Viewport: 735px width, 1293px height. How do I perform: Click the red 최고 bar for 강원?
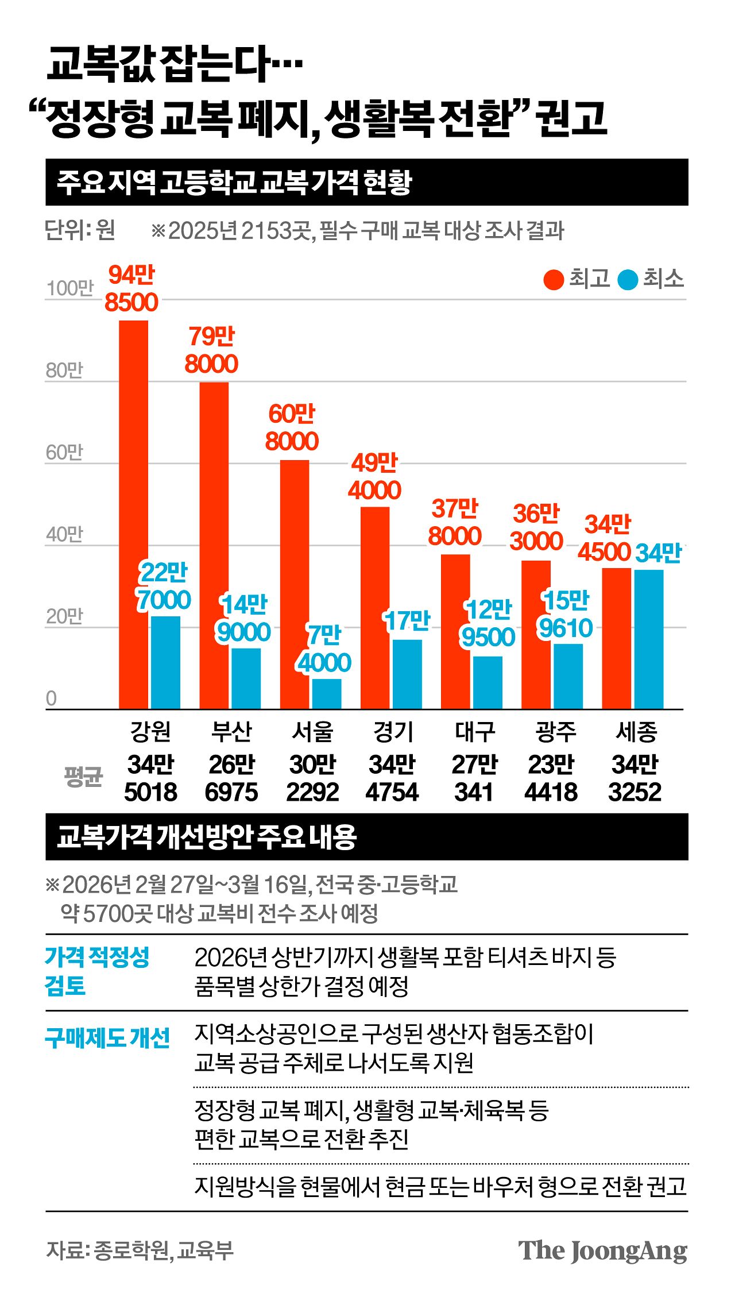[x=133, y=514]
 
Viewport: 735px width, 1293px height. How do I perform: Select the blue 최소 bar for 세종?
[x=648, y=639]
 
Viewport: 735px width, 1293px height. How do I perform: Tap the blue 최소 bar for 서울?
[x=327, y=694]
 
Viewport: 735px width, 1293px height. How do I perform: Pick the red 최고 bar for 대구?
[x=455, y=631]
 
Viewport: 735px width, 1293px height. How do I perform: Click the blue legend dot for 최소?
[x=628, y=280]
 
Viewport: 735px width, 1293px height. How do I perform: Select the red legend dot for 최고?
[x=554, y=280]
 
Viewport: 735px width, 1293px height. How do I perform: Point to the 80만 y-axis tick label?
[x=64, y=370]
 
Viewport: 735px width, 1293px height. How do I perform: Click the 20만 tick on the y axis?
[x=64, y=616]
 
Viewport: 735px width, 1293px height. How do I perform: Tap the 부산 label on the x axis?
[x=231, y=731]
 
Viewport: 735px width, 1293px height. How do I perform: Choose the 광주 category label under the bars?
[x=555, y=731]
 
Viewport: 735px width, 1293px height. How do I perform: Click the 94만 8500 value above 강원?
[x=131, y=289]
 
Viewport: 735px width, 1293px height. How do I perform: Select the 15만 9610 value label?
[x=566, y=615]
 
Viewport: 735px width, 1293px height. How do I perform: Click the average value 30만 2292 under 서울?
[x=312, y=778]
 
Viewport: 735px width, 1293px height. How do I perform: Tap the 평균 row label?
[x=83, y=777]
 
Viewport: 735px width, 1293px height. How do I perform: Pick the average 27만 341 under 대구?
[x=474, y=778]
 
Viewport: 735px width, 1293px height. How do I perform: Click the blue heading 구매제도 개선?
[x=107, y=1038]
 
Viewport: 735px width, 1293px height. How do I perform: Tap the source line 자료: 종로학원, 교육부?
[x=140, y=1250]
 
